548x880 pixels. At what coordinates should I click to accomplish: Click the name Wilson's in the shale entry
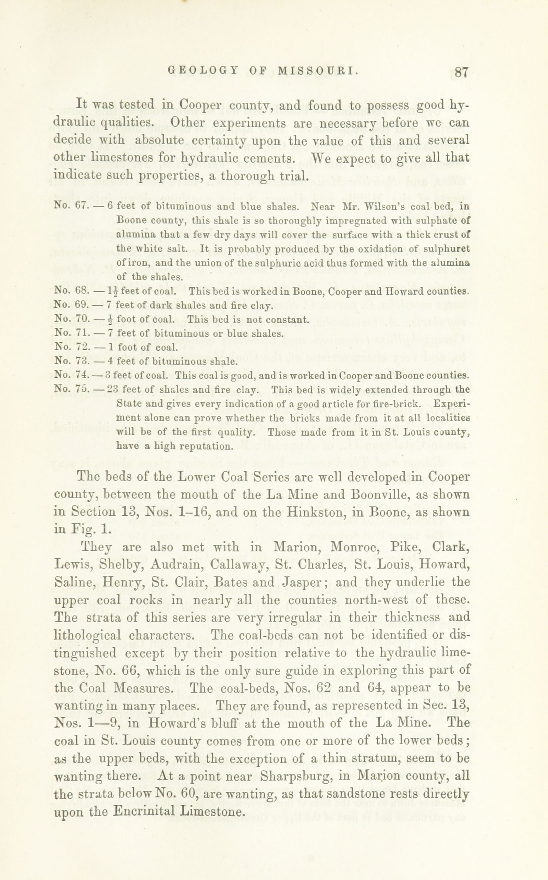pyautogui.click(x=384, y=206)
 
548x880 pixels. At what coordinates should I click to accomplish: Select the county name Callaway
pyautogui.click(x=238, y=565)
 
